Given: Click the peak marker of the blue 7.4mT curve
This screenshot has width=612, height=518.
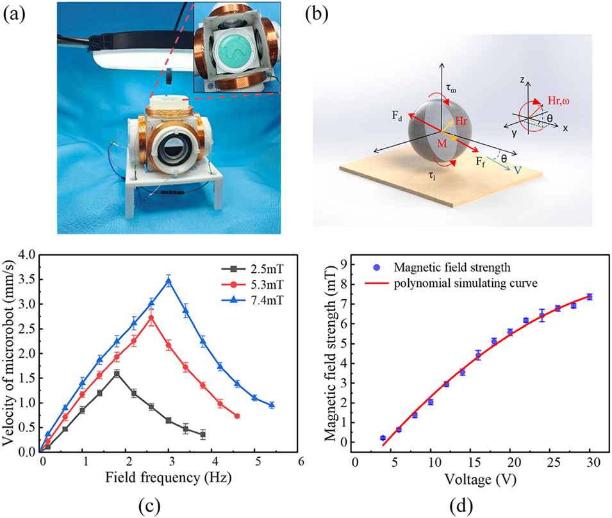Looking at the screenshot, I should click(169, 281).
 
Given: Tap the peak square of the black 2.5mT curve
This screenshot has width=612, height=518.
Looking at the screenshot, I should click(117, 373).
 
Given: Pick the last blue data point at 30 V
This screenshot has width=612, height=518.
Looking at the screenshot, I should click(590, 296).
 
